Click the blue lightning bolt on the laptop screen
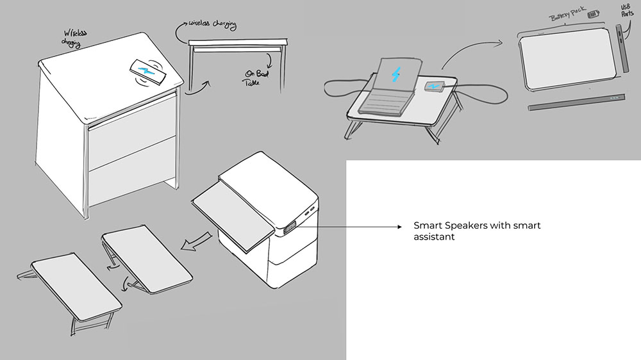pyautogui.click(x=396, y=75)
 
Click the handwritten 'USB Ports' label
pyautogui.click(x=626, y=15)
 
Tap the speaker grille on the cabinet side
pyautogui.click(x=288, y=227)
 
